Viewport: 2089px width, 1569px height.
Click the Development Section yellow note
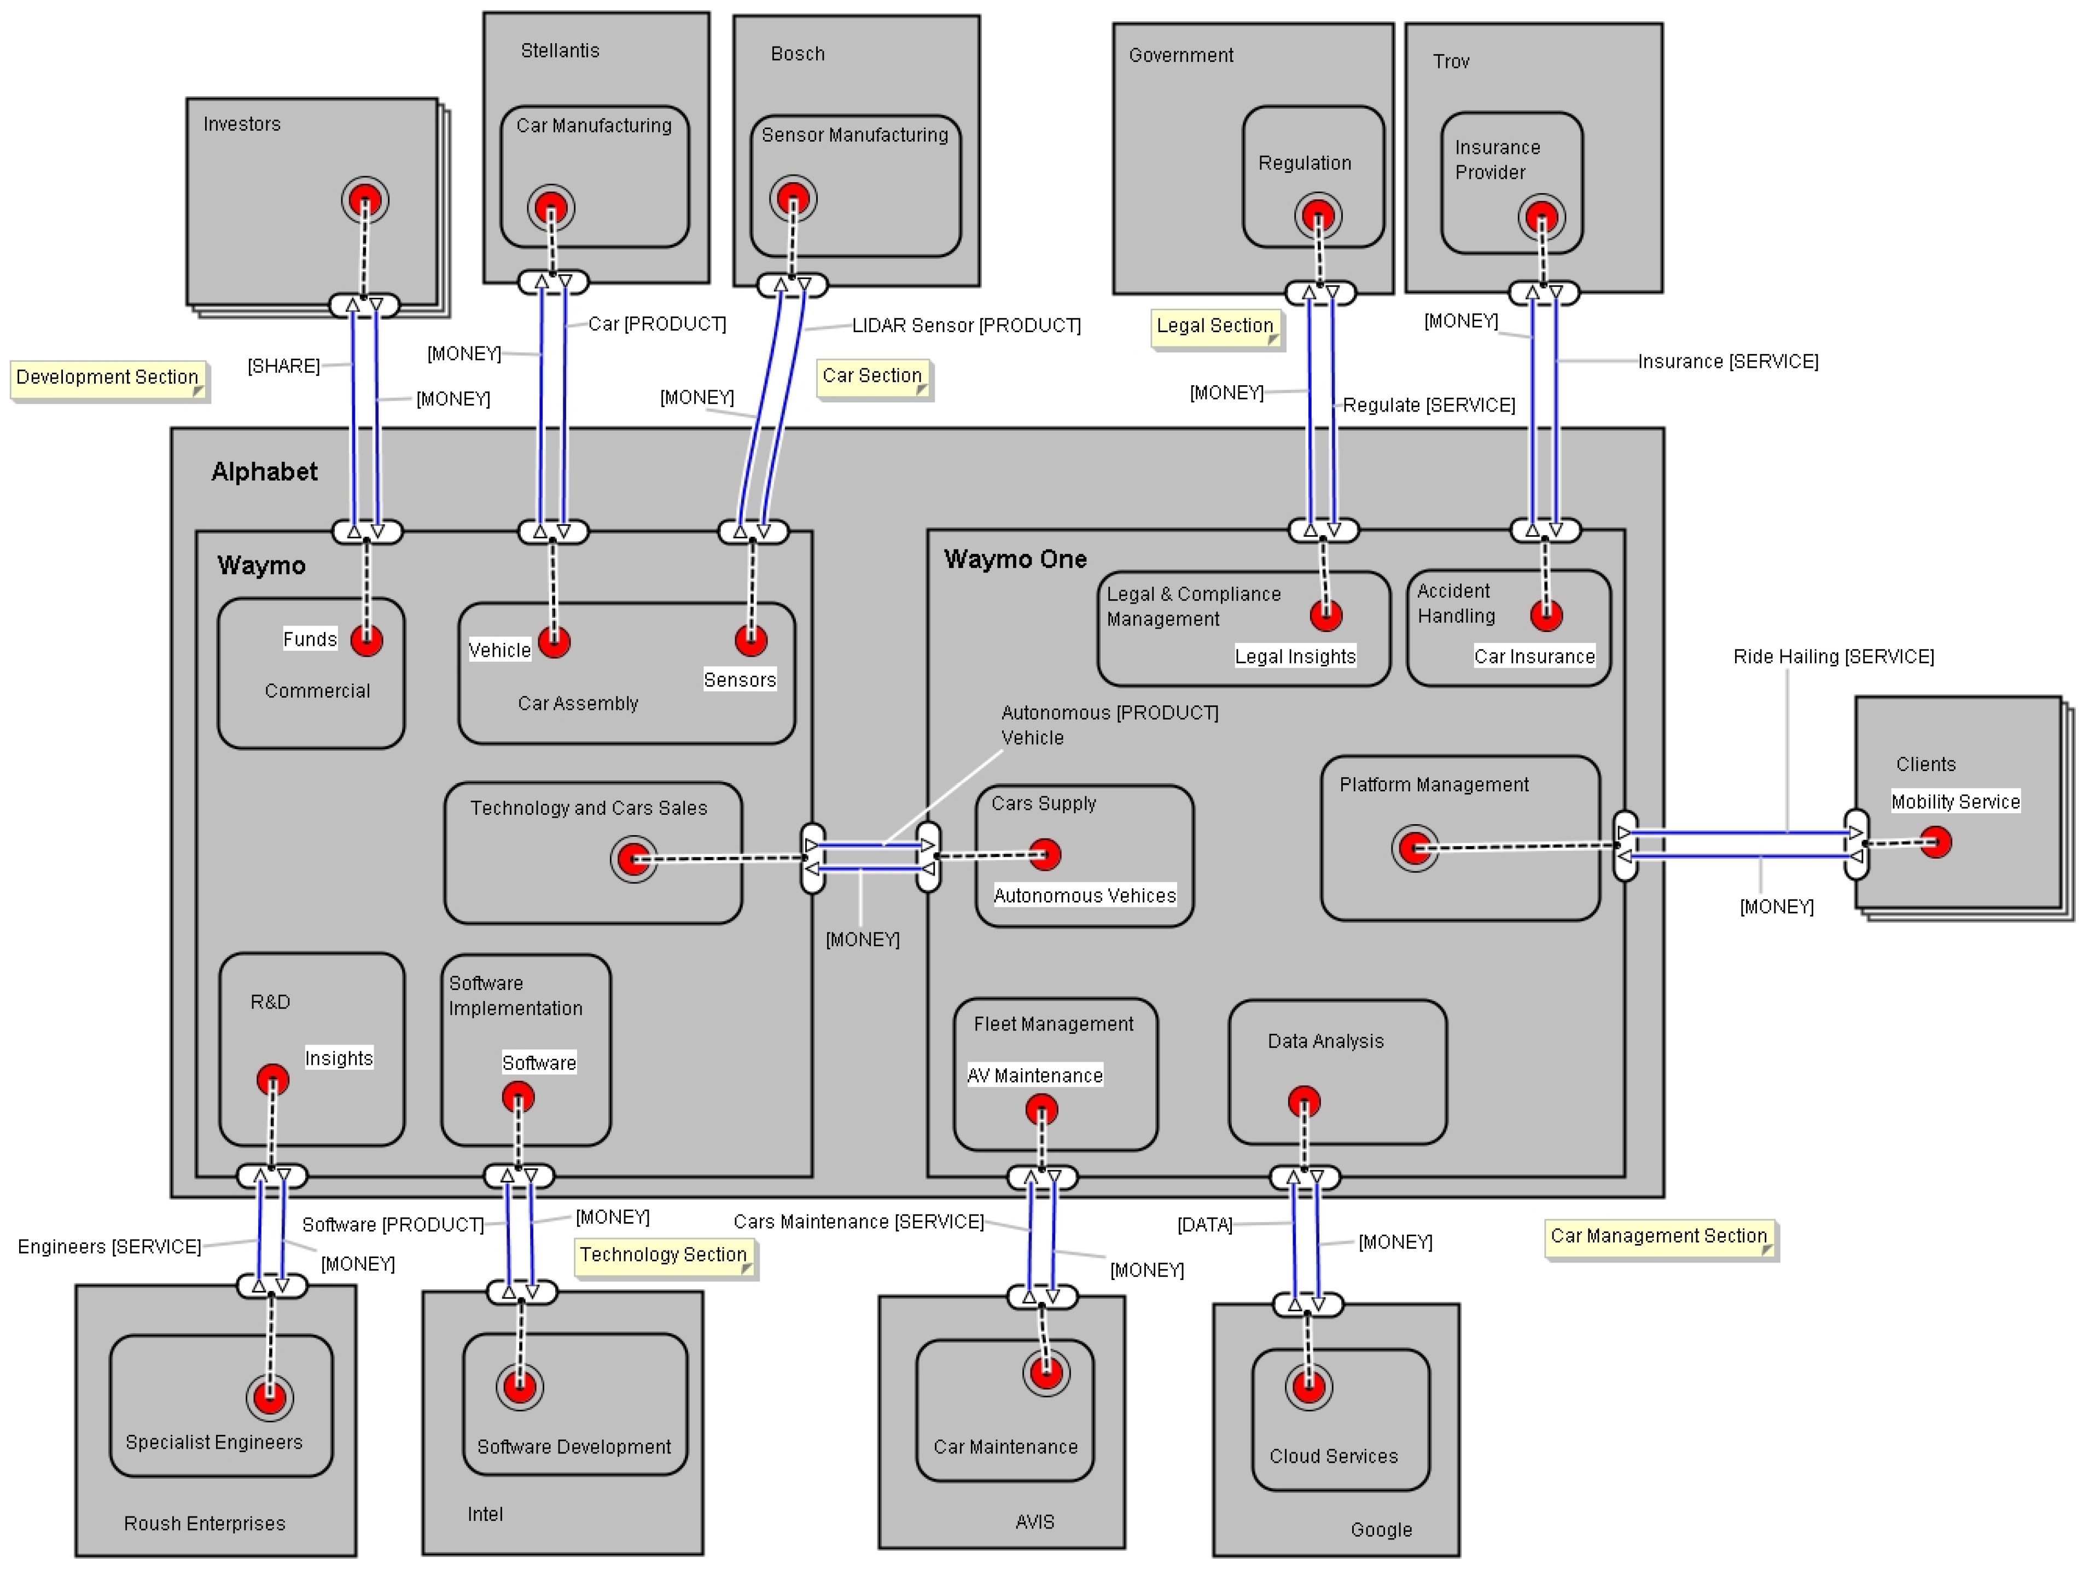coord(108,378)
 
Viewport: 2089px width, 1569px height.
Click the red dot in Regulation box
coord(1317,216)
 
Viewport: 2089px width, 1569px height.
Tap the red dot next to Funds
coord(366,640)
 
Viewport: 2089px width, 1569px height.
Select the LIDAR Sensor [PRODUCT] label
coord(965,326)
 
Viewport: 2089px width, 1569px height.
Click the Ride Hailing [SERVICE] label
coord(1832,657)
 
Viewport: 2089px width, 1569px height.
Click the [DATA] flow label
coord(1204,1225)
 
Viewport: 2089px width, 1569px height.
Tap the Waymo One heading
coord(1015,559)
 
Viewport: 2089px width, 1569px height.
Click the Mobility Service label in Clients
coord(1955,802)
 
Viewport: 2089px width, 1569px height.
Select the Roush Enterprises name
coord(204,1524)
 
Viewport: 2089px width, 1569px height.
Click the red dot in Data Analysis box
coord(1304,1102)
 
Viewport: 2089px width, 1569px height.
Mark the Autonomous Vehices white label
coord(1084,895)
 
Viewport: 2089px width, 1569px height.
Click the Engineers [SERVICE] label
coord(109,1247)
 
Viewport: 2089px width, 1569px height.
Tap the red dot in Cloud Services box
coord(1308,1387)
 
